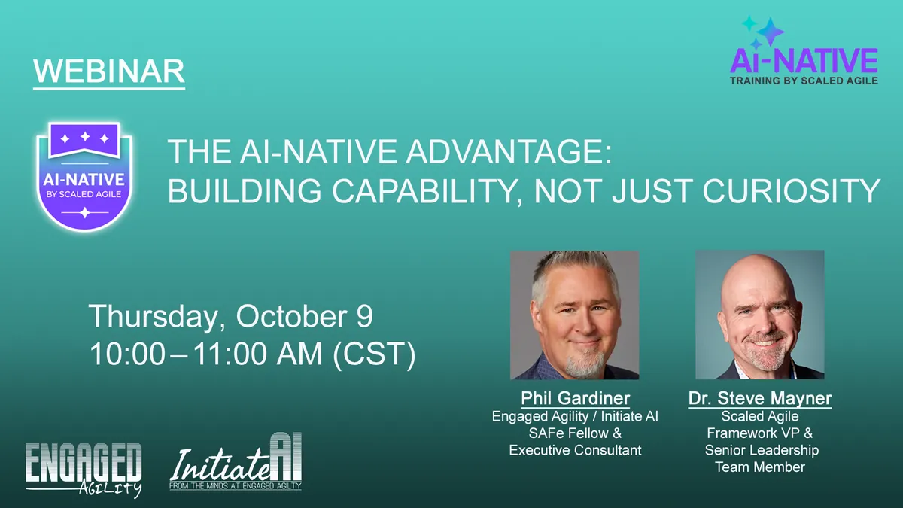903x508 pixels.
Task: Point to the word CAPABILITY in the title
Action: click(x=410, y=190)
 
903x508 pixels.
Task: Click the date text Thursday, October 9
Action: click(x=231, y=317)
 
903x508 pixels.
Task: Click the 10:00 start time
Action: click(x=126, y=354)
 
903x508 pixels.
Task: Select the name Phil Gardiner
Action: click(x=574, y=398)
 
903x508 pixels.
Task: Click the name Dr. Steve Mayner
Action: click(x=760, y=398)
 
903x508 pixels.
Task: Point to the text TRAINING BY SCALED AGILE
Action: click(x=804, y=80)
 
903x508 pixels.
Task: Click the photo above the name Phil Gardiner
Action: click(x=575, y=315)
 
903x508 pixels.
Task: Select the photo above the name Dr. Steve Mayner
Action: click(x=760, y=315)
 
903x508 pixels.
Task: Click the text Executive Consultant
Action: click(x=575, y=450)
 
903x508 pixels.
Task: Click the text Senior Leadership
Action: click(x=762, y=450)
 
